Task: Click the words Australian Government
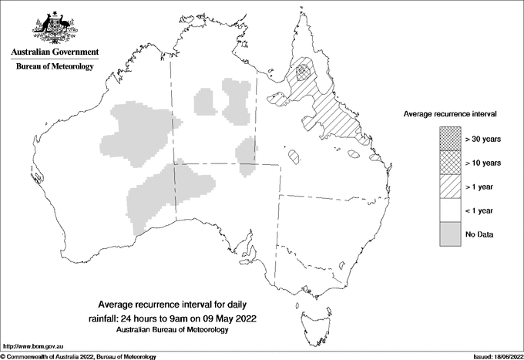pyautogui.click(x=55, y=52)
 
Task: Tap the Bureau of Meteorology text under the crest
pyautogui.click(x=55, y=67)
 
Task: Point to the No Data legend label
pyautogui.click(x=479, y=234)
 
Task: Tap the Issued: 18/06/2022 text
pyautogui.click(x=493, y=356)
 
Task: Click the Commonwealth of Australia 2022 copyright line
pyautogui.click(x=79, y=356)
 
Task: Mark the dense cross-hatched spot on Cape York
pyautogui.click(x=304, y=72)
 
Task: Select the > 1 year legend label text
pyautogui.click(x=482, y=187)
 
